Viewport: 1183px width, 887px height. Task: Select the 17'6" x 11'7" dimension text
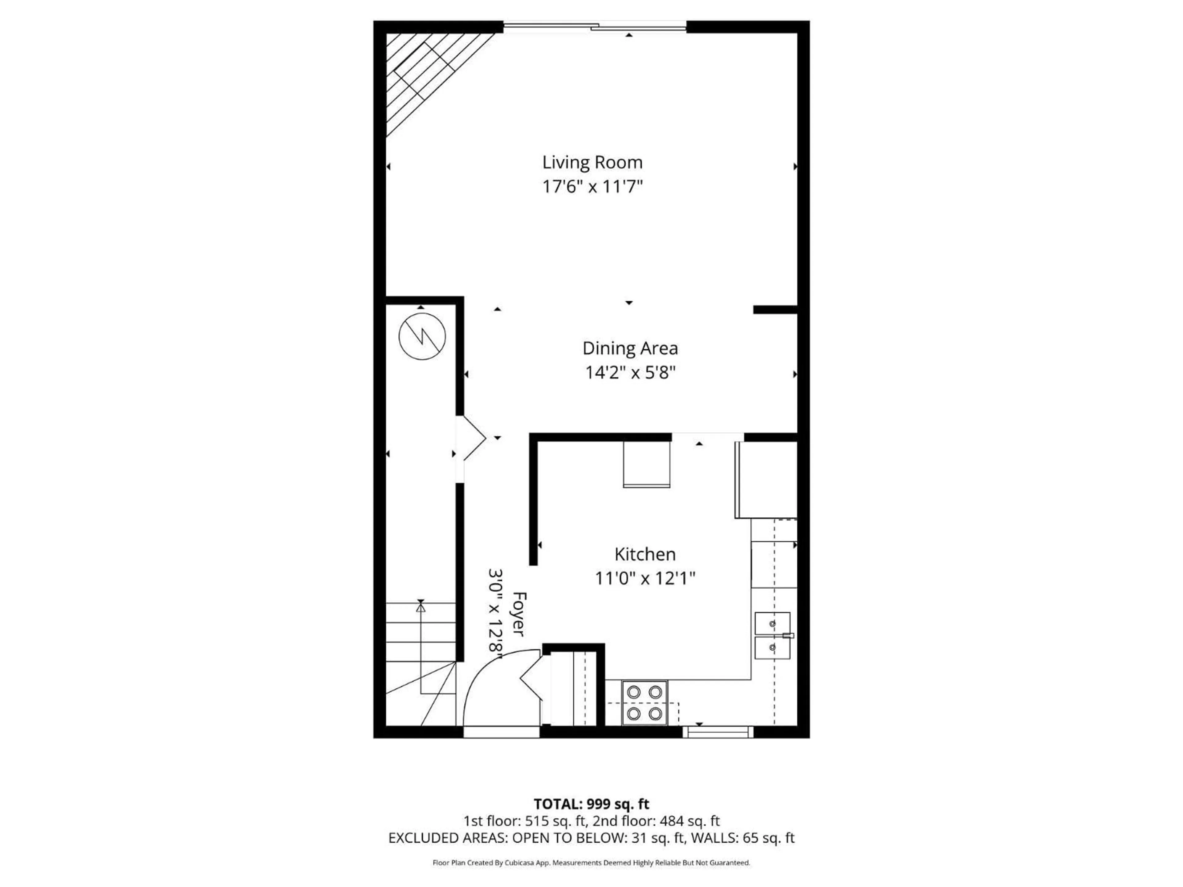coord(592,187)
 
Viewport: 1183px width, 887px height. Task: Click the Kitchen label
coord(645,554)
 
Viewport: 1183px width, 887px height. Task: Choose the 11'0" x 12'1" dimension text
coord(645,578)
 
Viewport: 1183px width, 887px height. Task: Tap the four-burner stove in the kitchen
coord(644,703)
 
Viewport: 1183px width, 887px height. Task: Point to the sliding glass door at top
coord(595,25)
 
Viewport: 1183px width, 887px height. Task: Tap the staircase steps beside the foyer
coord(420,636)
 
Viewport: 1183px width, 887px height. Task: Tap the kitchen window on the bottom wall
coord(718,731)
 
